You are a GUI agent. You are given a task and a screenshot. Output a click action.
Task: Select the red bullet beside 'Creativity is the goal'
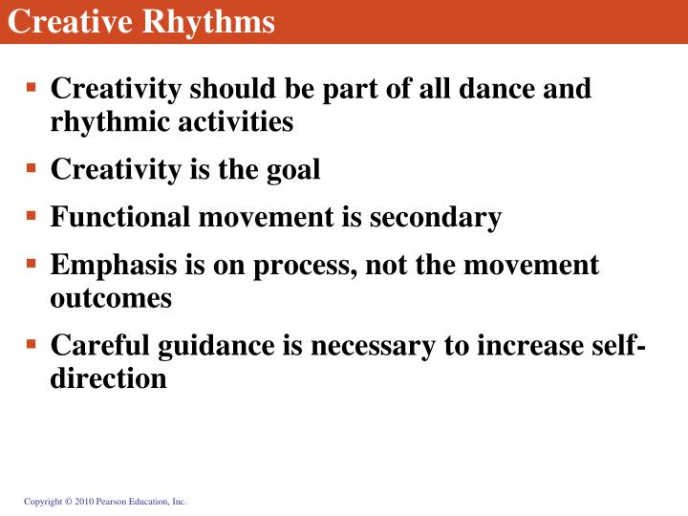(31, 167)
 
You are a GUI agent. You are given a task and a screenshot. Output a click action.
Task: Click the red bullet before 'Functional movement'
(31, 214)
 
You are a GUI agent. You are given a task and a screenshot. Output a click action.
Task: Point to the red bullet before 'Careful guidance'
(31, 341)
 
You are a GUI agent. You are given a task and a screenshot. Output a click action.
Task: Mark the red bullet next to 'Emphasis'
(31, 261)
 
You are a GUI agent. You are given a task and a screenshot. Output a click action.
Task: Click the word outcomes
(111, 298)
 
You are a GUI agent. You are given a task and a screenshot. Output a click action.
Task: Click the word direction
(108, 378)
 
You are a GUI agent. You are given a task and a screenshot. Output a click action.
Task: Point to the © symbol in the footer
(66, 502)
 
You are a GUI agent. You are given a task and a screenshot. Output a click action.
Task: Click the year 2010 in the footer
(82, 502)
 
